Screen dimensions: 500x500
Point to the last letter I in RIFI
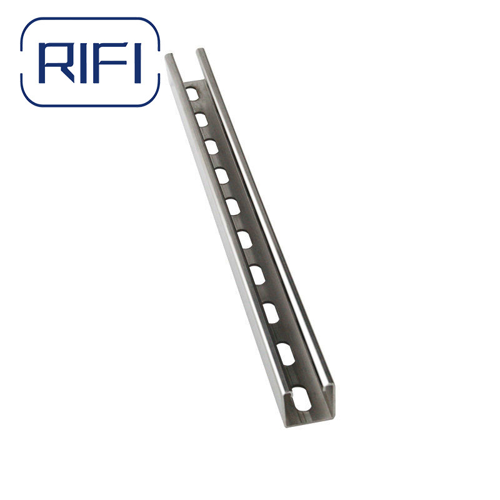137,62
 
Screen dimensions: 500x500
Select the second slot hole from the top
201,120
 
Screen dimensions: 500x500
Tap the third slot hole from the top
211,147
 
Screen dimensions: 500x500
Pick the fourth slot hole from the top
221,176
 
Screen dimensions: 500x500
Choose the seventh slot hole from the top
257,274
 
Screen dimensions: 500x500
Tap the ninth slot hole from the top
286,353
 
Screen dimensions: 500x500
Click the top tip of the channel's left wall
169,57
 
